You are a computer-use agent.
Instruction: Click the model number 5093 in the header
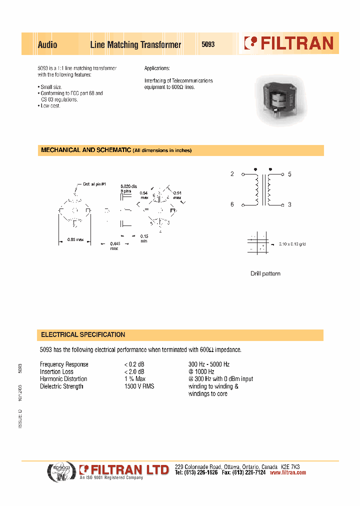click(208, 44)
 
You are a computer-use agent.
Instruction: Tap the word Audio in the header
click(47, 45)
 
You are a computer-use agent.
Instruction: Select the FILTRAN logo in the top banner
click(289, 43)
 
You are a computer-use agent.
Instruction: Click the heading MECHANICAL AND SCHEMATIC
click(86, 150)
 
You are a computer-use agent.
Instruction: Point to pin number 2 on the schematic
click(232, 174)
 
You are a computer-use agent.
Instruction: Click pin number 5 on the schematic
click(289, 174)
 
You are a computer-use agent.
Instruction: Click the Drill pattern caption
click(265, 273)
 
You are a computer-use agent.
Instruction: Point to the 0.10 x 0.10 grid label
click(292, 243)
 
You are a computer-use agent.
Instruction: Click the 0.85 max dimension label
click(75, 239)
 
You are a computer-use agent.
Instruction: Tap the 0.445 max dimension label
click(114, 246)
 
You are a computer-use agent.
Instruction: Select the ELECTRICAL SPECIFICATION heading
click(83, 334)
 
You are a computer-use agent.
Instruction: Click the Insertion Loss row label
click(56, 371)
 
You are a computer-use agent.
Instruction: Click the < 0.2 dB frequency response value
click(134, 364)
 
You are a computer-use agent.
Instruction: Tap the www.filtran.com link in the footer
click(287, 472)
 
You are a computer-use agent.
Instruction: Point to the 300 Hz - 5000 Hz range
click(209, 364)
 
